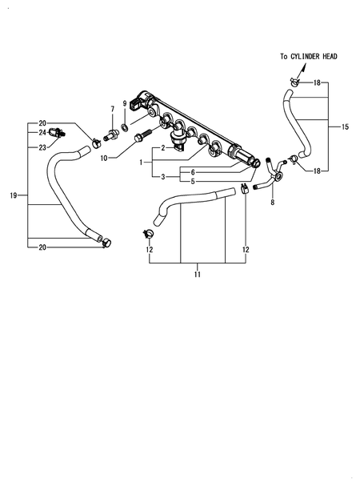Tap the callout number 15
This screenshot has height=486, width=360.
click(x=345, y=127)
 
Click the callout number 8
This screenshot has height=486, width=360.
click(x=272, y=203)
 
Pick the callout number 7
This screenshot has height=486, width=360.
click(x=112, y=108)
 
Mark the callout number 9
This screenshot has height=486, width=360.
click(x=125, y=102)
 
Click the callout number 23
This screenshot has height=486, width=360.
click(x=42, y=147)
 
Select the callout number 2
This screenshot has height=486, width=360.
click(x=162, y=147)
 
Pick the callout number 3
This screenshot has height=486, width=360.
click(x=162, y=176)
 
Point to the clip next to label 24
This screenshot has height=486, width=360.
click(x=55, y=133)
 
